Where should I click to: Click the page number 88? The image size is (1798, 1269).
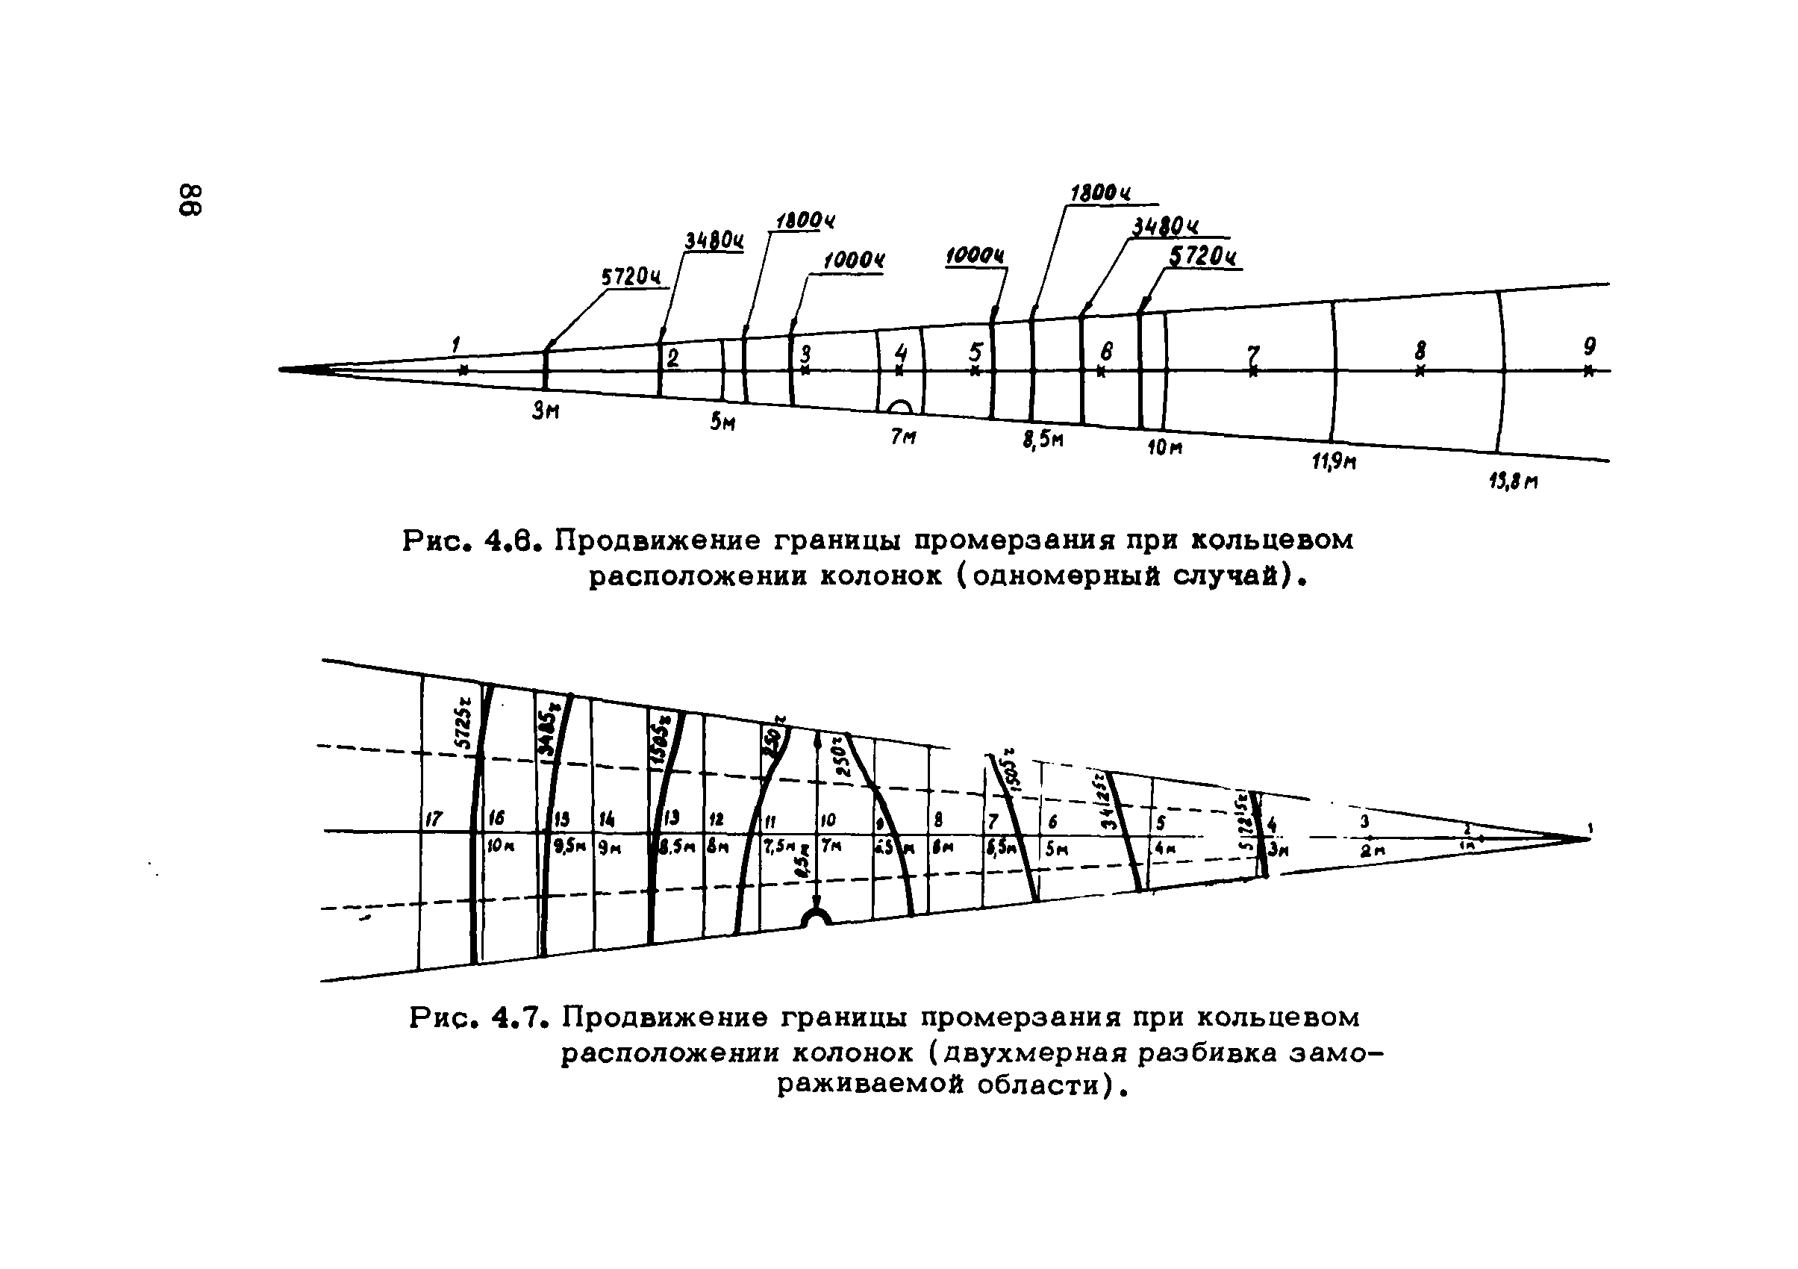[x=192, y=201]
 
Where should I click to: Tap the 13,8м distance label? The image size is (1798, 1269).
[x=1513, y=481]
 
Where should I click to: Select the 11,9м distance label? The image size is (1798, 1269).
[x=1335, y=461]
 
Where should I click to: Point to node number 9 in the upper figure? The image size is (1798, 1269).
[x=1589, y=346]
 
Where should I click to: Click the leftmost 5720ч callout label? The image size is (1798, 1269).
[x=631, y=277]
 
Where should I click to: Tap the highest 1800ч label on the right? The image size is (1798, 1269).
[x=1100, y=193]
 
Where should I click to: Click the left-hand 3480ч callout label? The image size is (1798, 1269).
[x=714, y=240]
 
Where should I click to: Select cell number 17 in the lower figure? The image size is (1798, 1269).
[x=433, y=820]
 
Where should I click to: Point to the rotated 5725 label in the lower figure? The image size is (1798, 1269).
[x=464, y=726]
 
